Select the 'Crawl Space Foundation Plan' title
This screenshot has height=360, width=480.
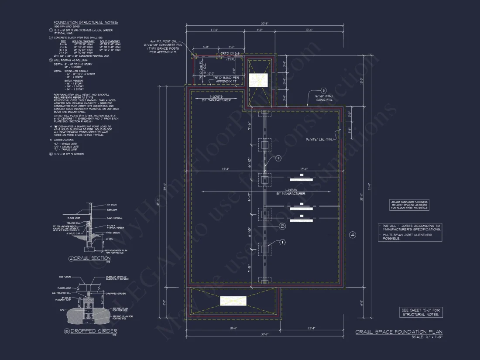click(x=399, y=332)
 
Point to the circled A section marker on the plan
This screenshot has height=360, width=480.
click(x=353, y=235)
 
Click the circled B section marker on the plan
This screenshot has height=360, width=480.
click(x=282, y=226)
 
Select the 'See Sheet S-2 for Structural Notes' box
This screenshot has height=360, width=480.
click(x=422, y=312)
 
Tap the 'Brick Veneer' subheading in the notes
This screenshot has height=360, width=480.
click(x=72, y=80)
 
